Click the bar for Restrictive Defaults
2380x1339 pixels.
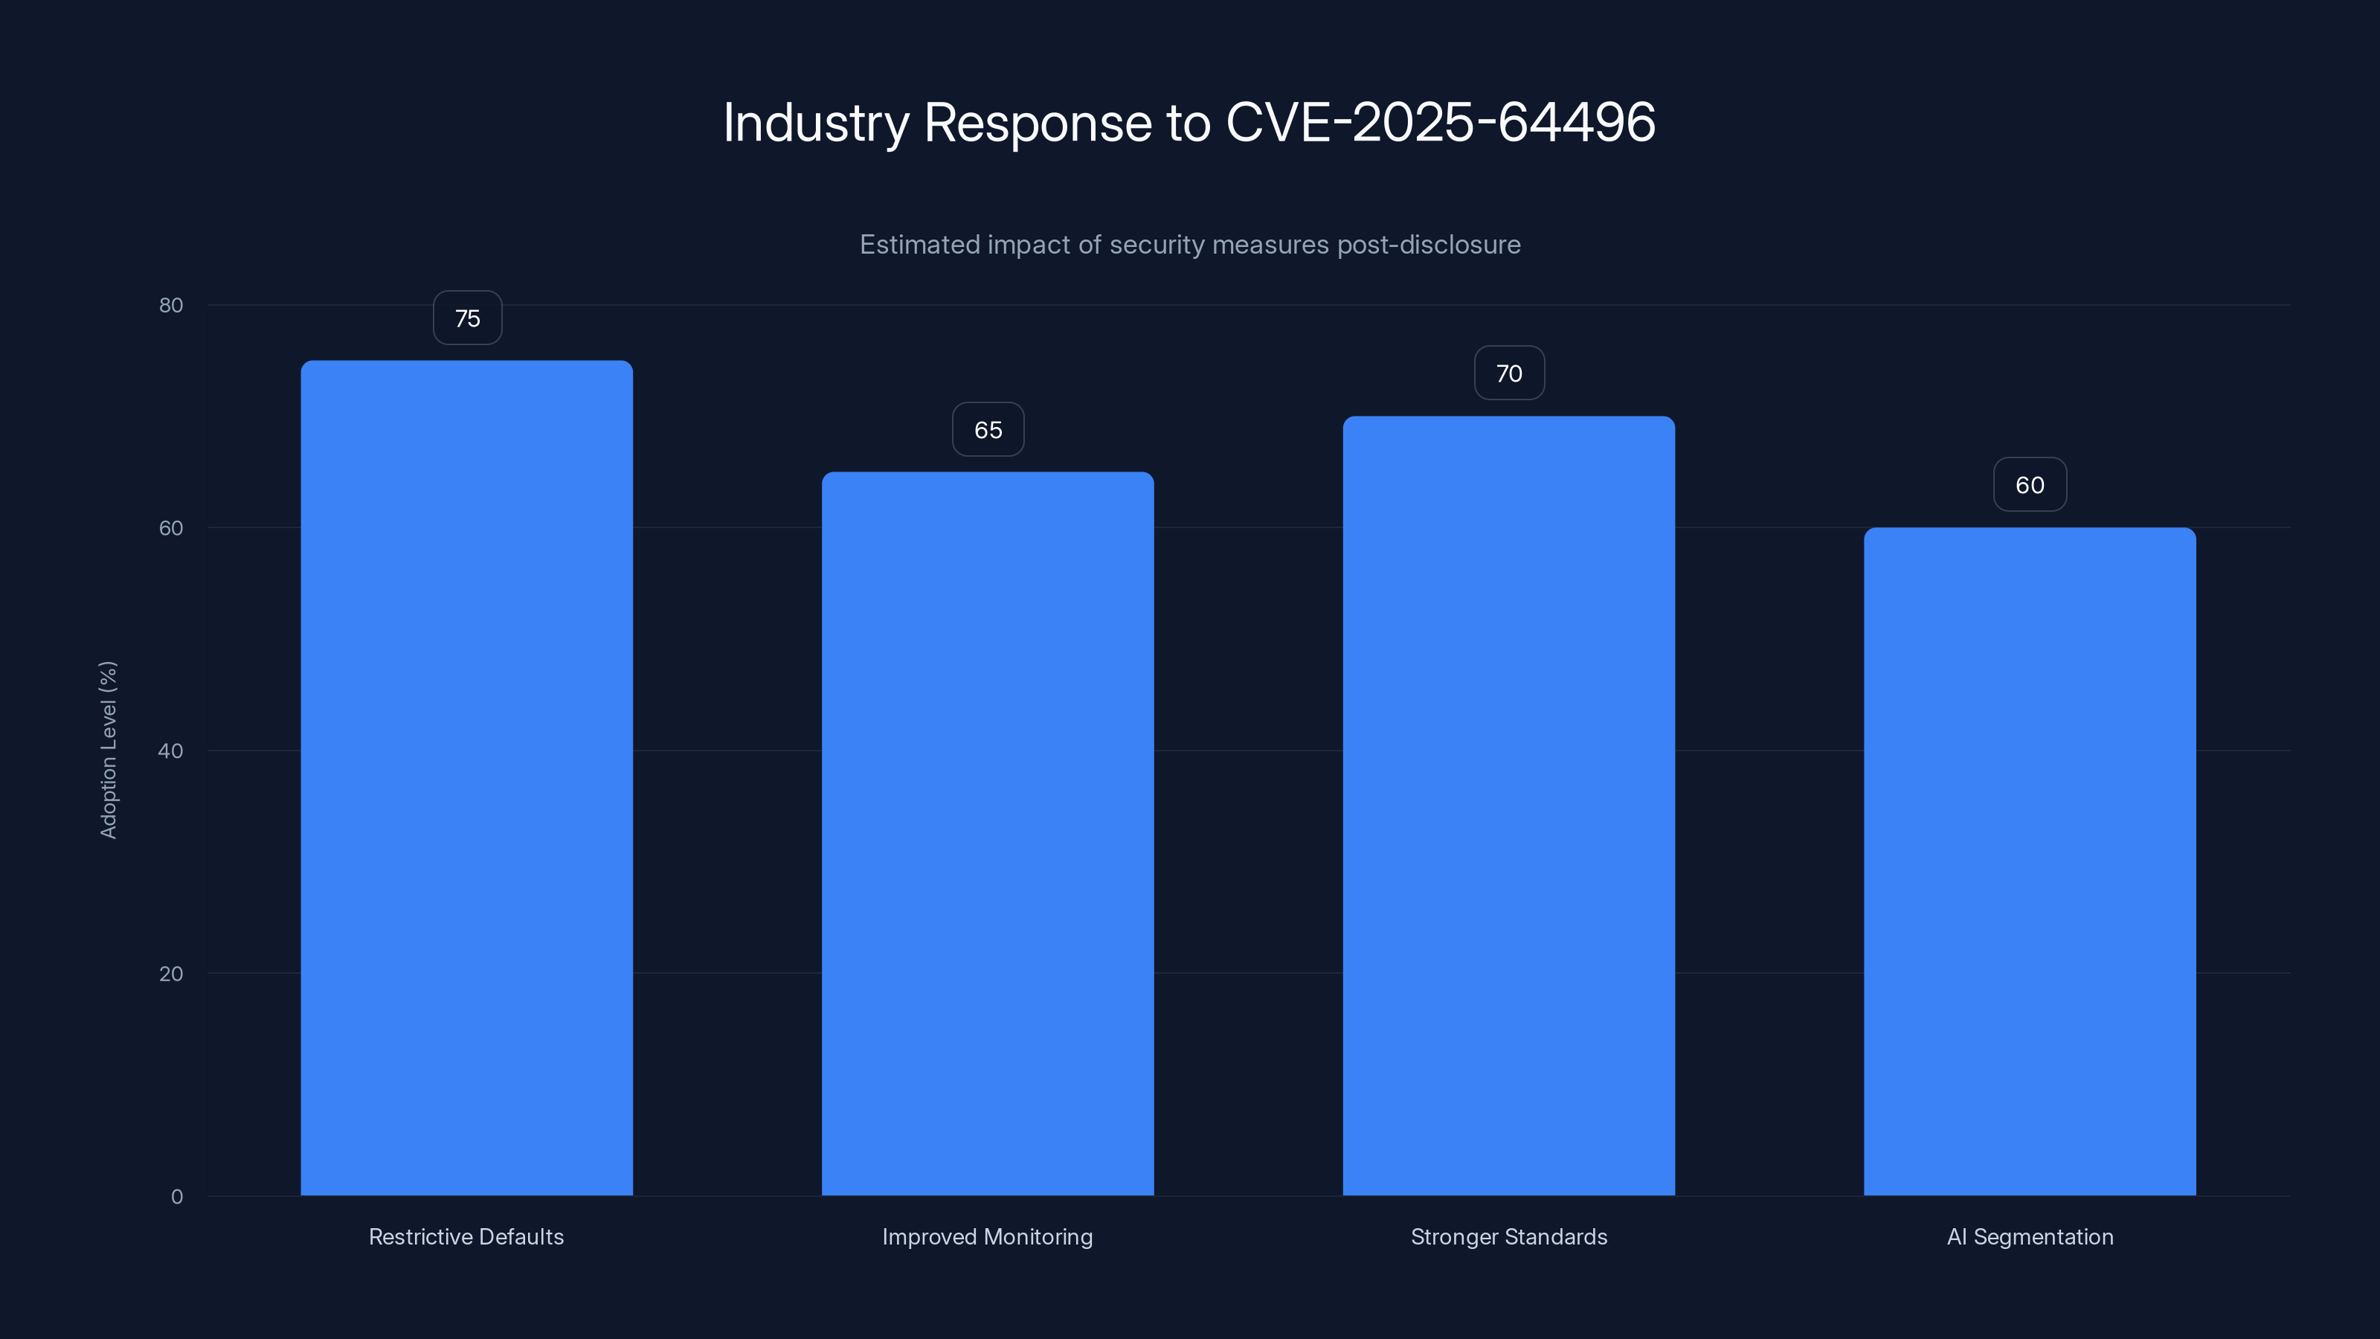click(x=466, y=777)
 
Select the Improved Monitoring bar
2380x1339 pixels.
click(x=988, y=832)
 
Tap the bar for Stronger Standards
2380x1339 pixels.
click(x=1509, y=805)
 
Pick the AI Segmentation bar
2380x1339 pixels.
click(x=2030, y=861)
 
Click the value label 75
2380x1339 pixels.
click(x=468, y=318)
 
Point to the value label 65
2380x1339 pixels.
click(x=988, y=430)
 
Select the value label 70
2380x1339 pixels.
click(x=1509, y=373)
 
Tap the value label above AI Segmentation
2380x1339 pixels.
click(x=2030, y=485)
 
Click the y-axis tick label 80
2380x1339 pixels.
click(x=171, y=305)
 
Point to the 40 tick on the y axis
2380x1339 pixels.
click(x=171, y=751)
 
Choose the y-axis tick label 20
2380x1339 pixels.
click(x=171, y=973)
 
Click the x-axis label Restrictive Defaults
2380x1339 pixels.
click(x=466, y=1236)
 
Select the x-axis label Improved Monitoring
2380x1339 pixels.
click(x=987, y=1236)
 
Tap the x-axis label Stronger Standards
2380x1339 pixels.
click(x=1509, y=1236)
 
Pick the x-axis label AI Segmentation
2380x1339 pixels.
click(x=2030, y=1236)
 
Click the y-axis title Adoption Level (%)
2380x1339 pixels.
click(x=108, y=749)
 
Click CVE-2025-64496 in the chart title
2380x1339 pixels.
click(x=1441, y=122)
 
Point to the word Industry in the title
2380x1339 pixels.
click(x=816, y=122)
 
